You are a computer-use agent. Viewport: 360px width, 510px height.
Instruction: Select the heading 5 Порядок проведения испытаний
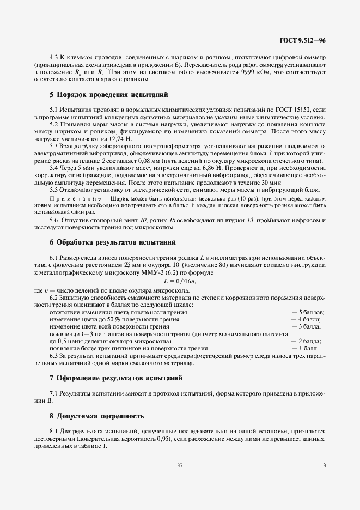click(109, 94)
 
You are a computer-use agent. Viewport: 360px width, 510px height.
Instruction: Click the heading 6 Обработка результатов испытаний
click(113, 241)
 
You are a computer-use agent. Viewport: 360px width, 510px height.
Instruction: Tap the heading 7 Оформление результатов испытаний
click(116, 377)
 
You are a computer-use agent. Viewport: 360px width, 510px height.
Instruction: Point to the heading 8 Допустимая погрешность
click(97, 416)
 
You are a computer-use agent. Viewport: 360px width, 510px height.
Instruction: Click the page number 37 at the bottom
click(180, 465)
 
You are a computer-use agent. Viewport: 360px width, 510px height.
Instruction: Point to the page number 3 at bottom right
click(324, 465)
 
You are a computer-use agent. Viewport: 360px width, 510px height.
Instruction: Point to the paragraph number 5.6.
click(56, 220)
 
